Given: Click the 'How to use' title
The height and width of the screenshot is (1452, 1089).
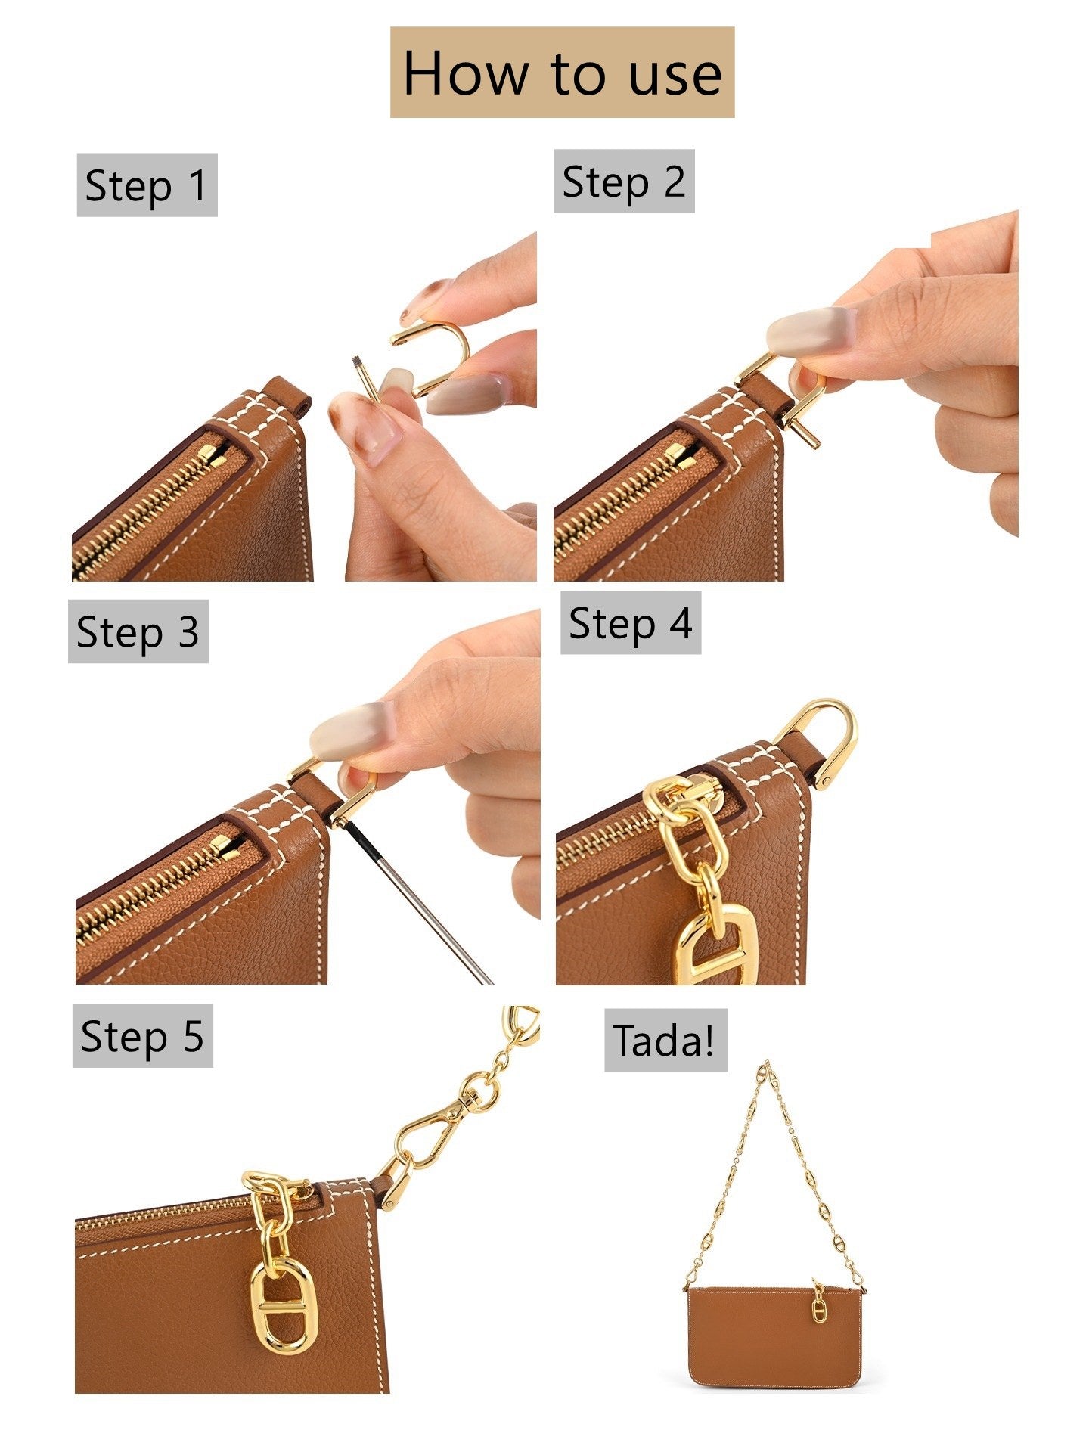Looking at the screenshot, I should (562, 73).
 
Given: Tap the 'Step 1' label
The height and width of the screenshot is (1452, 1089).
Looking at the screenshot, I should (147, 185).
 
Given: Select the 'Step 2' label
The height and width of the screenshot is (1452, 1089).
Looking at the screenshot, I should (624, 181).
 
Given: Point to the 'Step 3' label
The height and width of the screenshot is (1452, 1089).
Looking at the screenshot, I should (138, 631).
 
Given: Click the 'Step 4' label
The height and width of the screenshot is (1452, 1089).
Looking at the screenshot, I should (630, 623).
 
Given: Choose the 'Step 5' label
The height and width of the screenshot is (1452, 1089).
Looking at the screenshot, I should (142, 1036).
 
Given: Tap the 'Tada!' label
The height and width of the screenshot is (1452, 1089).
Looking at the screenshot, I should (665, 1040).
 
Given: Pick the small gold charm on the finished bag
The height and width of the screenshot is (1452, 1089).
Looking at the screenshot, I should (818, 1309).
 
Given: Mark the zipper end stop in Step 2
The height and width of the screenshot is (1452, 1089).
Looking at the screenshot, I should (693, 455).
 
